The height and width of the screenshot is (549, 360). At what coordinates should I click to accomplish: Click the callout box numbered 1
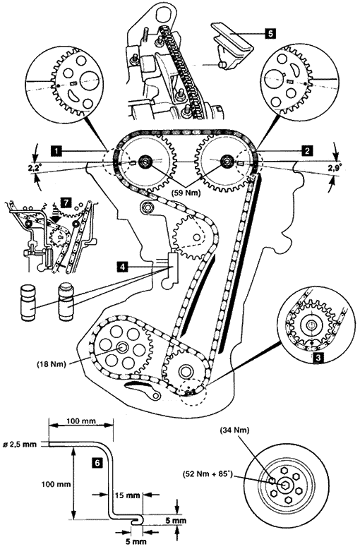point(55,151)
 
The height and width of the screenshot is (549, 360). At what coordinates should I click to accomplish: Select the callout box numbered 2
point(307,151)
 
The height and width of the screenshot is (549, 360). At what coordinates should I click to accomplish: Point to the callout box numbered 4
point(122,267)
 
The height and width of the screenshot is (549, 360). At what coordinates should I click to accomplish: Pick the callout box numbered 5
point(270,34)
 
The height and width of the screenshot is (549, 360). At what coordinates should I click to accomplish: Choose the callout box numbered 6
point(97,463)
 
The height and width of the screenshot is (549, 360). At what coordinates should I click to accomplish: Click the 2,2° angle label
point(35,169)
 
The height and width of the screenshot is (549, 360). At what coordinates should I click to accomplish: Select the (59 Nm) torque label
point(186,192)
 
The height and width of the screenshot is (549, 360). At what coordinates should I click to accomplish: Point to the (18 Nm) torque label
point(52,364)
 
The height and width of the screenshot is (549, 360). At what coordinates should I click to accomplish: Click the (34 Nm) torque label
point(234,430)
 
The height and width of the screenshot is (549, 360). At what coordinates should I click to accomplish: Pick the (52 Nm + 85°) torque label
point(208,474)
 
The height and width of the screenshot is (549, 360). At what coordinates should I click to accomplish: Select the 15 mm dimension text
point(128,495)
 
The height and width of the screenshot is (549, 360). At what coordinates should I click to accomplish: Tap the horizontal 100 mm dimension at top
point(80,421)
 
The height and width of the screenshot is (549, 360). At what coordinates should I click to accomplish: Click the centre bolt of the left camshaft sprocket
point(144,162)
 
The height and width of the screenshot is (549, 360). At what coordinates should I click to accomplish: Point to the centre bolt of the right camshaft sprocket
point(227,162)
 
